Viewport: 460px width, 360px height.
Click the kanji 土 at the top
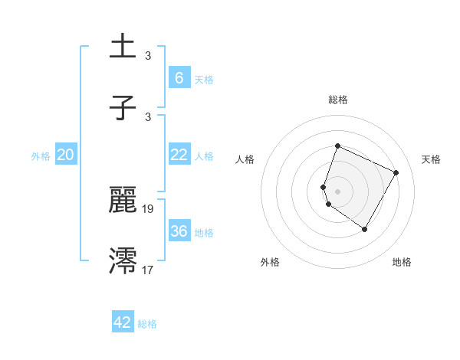(x=123, y=47)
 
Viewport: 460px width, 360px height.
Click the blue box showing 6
(x=179, y=77)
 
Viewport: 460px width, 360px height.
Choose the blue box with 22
(x=179, y=155)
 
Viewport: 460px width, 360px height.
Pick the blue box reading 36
(x=179, y=231)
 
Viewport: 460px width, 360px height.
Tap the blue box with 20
(x=65, y=155)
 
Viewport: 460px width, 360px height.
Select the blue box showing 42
(x=123, y=322)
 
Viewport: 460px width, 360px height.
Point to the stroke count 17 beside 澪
(x=148, y=270)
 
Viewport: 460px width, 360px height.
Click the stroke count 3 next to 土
(x=147, y=56)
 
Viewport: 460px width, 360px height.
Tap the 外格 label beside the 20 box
(x=41, y=155)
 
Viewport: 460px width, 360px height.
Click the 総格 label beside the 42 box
(x=147, y=324)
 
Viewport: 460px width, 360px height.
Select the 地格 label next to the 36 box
(x=204, y=232)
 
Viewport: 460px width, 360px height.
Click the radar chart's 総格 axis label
(x=338, y=100)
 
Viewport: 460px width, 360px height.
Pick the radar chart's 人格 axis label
(x=245, y=159)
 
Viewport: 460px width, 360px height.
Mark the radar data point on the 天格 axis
(x=396, y=172)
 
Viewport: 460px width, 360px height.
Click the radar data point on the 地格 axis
(x=365, y=229)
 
